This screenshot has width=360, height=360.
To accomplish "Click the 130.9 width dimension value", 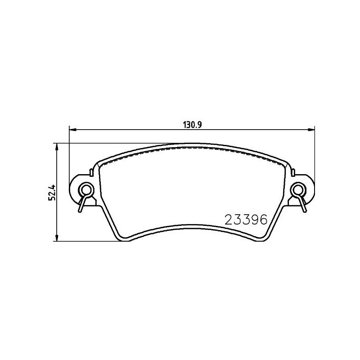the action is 192,125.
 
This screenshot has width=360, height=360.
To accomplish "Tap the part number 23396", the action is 246,220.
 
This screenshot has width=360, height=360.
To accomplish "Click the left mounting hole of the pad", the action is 86,189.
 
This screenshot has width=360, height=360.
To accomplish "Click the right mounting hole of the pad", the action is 298,189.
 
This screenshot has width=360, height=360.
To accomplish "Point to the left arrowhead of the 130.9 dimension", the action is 72,130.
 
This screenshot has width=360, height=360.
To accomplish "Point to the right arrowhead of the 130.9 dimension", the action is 311,130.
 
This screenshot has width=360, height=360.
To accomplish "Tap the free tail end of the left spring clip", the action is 80,211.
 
